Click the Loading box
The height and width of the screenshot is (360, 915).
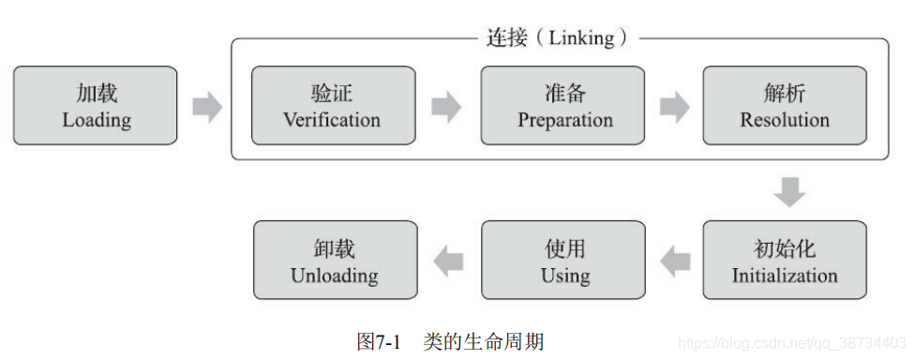tap(96, 105)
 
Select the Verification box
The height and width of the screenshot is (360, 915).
tap(334, 105)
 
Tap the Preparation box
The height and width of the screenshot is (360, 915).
tap(563, 105)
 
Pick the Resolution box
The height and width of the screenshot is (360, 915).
tap(785, 105)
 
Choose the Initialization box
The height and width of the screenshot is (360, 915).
tap(785, 261)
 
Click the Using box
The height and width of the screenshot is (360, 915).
tap(563, 261)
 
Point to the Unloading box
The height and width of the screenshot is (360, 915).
tap(335, 261)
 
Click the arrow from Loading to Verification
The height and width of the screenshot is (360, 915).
tap(206, 107)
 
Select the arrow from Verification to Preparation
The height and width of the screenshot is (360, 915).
tap(446, 107)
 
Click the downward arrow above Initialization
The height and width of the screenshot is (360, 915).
tap(790, 192)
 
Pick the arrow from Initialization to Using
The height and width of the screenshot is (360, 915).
tap(675, 262)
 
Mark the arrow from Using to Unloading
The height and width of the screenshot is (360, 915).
tap(448, 262)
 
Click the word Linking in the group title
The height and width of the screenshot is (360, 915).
tap(581, 38)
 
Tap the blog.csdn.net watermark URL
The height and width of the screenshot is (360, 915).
tap(792, 344)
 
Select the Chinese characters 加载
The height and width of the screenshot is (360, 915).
tap(97, 94)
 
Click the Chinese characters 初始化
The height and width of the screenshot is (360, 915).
tap(785, 249)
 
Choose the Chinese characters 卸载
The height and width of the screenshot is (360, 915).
tap(335, 249)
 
